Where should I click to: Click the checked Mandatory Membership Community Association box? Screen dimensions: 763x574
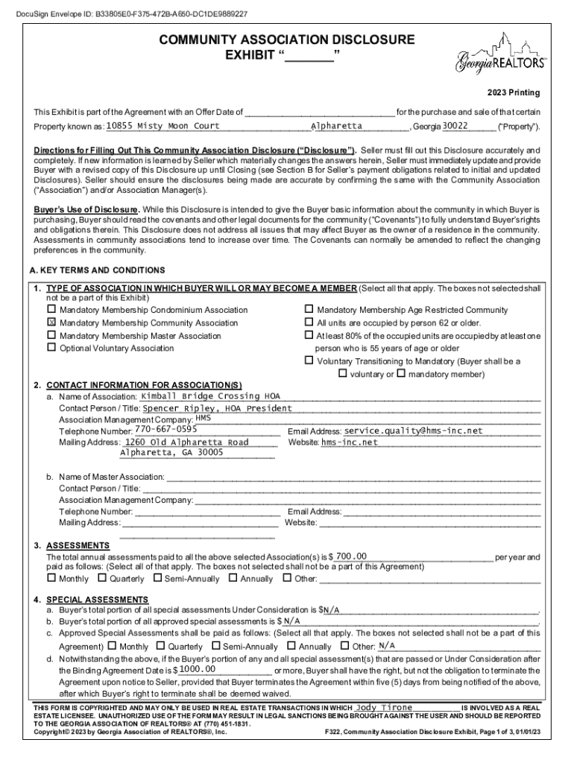[51, 323]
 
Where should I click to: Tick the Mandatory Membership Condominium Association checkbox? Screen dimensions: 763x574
[51, 309]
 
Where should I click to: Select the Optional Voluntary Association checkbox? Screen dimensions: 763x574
[51, 348]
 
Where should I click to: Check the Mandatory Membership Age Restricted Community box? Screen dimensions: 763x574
[309, 309]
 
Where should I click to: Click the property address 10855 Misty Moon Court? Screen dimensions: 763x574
[163, 126]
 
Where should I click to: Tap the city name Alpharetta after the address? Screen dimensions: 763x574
[336, 126]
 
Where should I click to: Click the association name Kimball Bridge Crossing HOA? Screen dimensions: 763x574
[200, 396]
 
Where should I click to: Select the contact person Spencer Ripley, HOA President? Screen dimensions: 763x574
[217, 408]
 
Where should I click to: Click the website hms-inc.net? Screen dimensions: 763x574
[350, 442]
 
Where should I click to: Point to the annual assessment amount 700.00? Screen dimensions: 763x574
[351, 557]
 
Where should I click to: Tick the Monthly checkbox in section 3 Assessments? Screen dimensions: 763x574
[51, 578]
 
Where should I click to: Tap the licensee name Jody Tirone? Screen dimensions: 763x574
[384, 706]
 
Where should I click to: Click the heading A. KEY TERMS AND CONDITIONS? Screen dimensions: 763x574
[97, 270]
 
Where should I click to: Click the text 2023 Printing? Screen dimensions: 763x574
[514, 93]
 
